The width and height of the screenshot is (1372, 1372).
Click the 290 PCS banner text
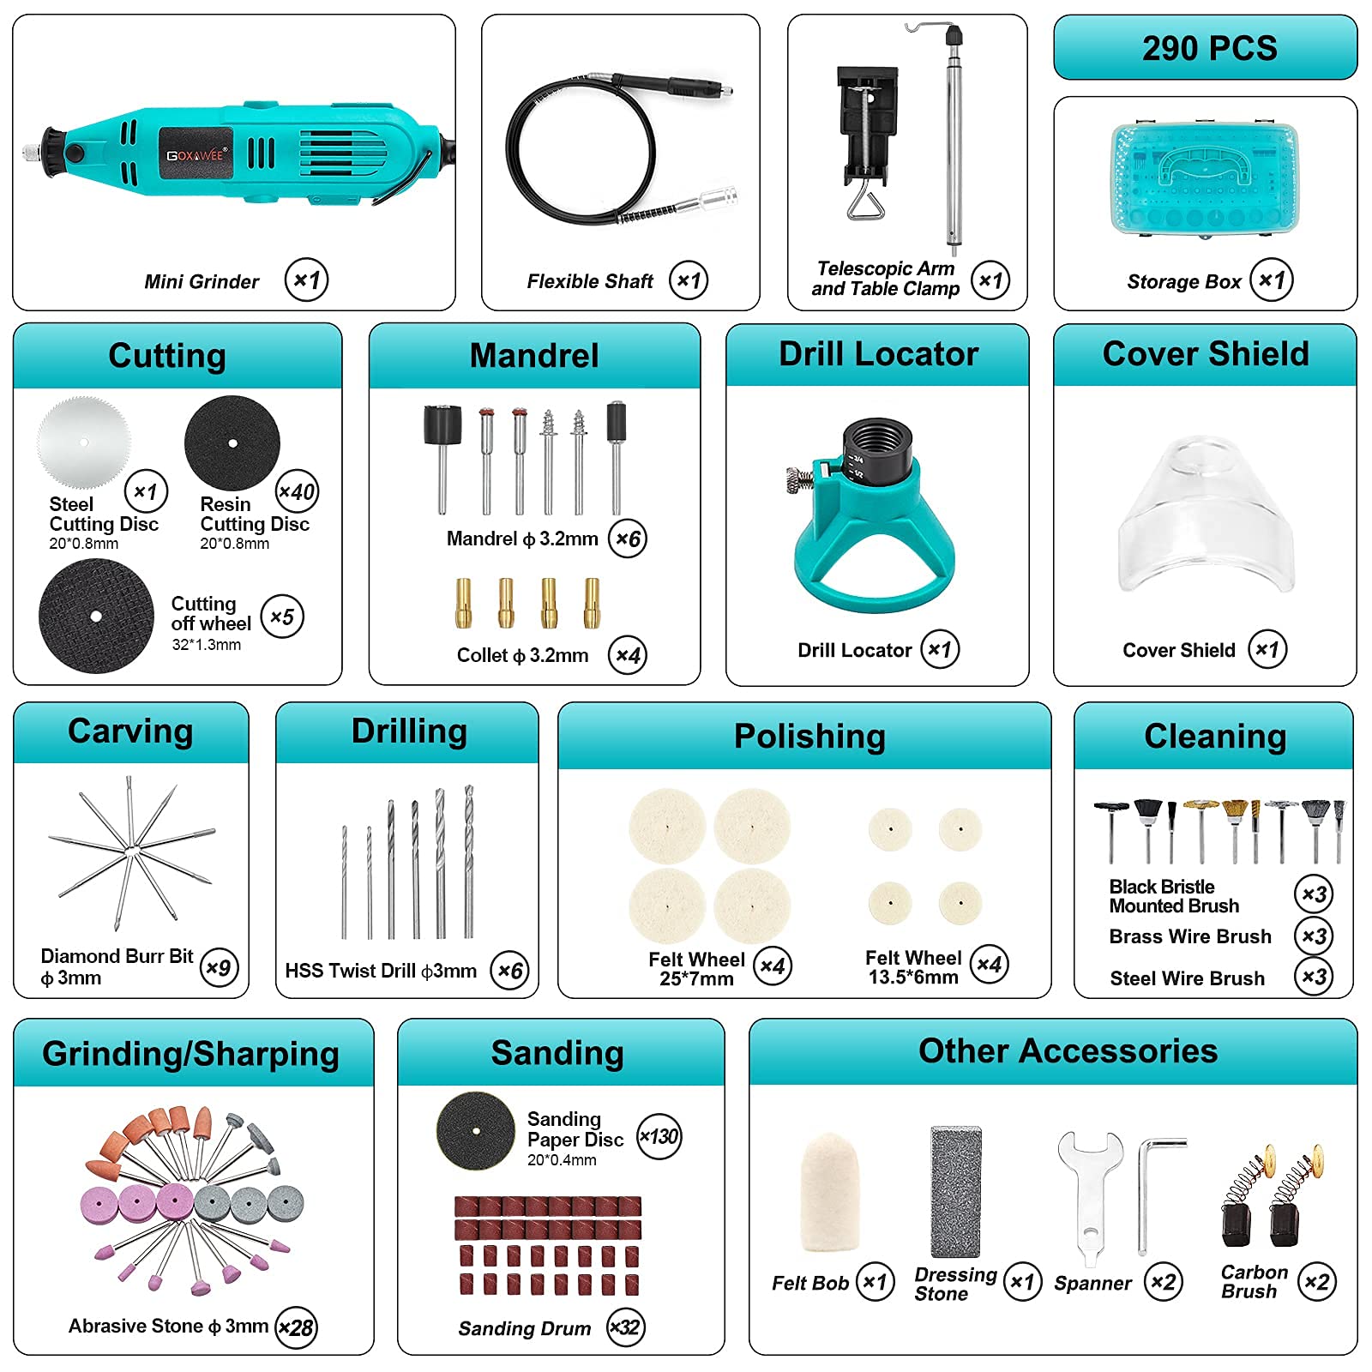[x=1209, y=48]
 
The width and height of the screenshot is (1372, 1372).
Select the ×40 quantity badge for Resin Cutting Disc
[x=297, y=492]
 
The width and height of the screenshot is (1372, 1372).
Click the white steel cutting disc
[x=84, y=442]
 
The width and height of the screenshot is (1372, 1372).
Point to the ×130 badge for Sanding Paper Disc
[x=659, y=1137]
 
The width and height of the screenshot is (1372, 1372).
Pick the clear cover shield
[x=1206, y=515]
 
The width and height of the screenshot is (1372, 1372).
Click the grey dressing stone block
[x=955, y=1191]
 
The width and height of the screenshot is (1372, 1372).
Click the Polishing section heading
[x=809, y=737]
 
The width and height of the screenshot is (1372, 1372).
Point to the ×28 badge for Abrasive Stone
[x=296, y=1327]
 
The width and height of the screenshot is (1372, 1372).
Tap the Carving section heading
[x=130, y=731]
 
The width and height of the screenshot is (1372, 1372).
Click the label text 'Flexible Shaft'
[x=590, y=281]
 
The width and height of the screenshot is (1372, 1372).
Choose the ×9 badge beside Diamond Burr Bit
[x=219, y=968]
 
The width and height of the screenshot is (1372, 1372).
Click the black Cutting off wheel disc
[x=96, y=616]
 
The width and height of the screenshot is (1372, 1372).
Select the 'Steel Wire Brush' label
[x=1187, y=978]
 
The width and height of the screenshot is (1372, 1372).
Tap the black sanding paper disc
[x=476, y=1131]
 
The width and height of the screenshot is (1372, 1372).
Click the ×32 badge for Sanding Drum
[x=625, y=1327]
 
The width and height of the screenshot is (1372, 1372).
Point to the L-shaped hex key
[x=1145, y=1192]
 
